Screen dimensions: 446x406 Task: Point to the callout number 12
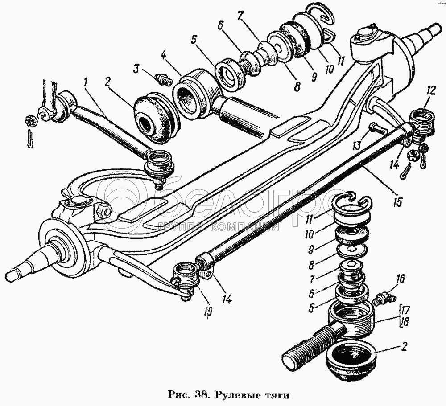pyautogui.click(x=431, y=91)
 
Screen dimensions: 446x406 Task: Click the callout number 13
pyautogui.click(x=357, y=145)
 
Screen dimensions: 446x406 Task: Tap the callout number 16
pyautogui.click(x=400, y=279)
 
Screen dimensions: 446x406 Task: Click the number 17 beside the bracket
pyautogui.click(x=405, y=310)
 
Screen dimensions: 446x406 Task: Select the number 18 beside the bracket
pyautogui.click(x=405, y=322)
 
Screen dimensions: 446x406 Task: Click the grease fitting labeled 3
pyautogui.click(x=164, y=80)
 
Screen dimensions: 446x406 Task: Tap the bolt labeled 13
pyautogui.click(x=377, y=128)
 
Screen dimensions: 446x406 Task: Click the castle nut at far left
pyautogui.click(x=31, y=120)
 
